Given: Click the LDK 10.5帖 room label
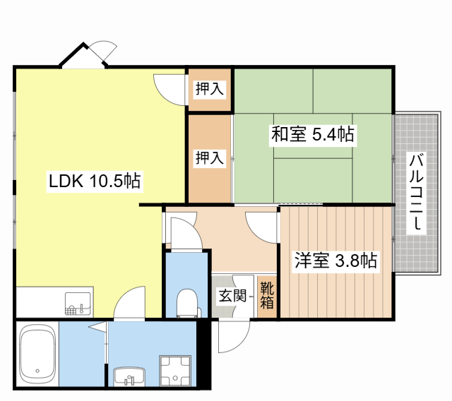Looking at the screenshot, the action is click(95, 181).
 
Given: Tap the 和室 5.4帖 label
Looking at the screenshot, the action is click(313, 134).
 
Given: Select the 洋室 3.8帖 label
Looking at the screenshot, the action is click(336, 260).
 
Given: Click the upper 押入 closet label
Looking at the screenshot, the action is click(210, 88).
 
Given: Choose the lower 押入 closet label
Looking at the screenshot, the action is click(210, 157).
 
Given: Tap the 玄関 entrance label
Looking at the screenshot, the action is click(232, 295).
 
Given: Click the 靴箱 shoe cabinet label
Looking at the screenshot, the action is click(267, 295).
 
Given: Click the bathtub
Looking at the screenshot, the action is click(37, 354).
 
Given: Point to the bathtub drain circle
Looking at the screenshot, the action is click(37, 371).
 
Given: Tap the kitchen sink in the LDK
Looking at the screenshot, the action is click(78, 304).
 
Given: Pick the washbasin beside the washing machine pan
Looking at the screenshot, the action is click(129, 376).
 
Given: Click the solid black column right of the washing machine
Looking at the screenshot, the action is click(204, 354).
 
